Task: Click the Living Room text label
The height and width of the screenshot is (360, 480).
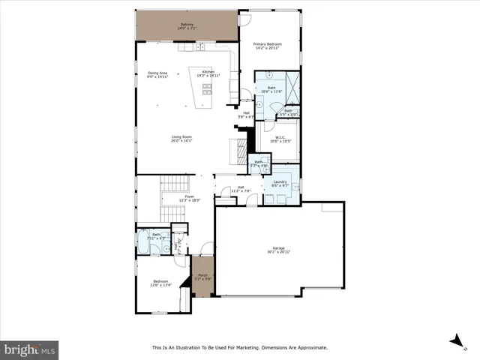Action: pyautogui.click(x=182, y=138)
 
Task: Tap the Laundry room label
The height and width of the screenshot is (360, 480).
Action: pyautogui.click(x=280, y=183)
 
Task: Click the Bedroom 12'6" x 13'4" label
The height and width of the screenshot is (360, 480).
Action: pyautogui.click(x=160, y=283)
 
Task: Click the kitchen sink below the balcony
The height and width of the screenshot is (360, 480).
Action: pyautogui.click(x=201, y=46)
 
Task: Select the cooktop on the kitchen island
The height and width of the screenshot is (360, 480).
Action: pyautogui.click(x=207, y=91)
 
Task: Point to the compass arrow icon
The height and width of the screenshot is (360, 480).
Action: pyautogui.click(x=454, y=340)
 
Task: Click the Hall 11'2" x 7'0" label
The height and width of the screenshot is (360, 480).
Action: pyautogui.click(x=241, y=190)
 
